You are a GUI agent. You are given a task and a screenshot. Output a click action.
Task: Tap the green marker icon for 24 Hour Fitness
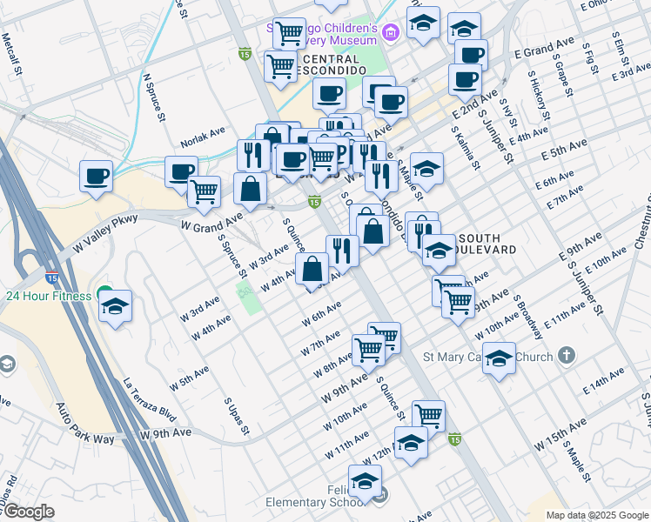pos(104,294)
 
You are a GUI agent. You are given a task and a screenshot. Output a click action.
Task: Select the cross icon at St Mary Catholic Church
pos(567,355)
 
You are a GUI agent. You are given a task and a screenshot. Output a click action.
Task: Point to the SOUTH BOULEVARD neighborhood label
pos(487,244)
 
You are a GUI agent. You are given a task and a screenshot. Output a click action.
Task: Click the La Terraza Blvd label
pos(150,400)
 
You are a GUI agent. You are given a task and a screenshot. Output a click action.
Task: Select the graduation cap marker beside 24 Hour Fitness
pos(115,306)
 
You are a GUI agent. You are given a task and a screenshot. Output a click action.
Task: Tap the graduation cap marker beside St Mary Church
pos(499,357)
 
